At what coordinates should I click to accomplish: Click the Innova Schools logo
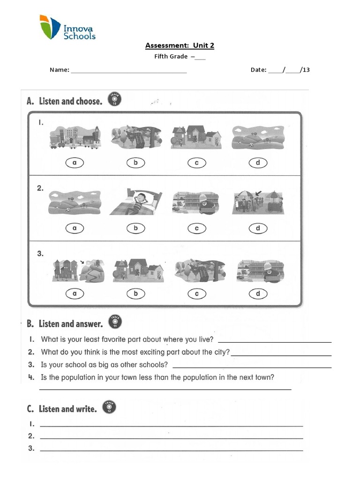pos(67,28)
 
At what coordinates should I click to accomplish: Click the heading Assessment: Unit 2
pos(180,45)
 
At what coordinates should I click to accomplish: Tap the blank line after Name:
pos(128,72)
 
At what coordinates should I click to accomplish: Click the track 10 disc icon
pos(114,98)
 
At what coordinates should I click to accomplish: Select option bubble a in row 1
pos(75,163)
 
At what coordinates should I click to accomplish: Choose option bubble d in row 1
pos(257,163)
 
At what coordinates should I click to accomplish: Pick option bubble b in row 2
pos(135,228)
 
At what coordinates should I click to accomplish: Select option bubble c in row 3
pos(196,294)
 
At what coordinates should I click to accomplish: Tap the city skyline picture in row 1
pos(75,137)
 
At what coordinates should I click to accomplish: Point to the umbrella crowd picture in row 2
pos(257,202)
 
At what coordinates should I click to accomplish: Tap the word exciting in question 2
pos(154,352)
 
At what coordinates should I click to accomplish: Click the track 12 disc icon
pos(109,407)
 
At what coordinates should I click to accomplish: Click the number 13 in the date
pos(306,70)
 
